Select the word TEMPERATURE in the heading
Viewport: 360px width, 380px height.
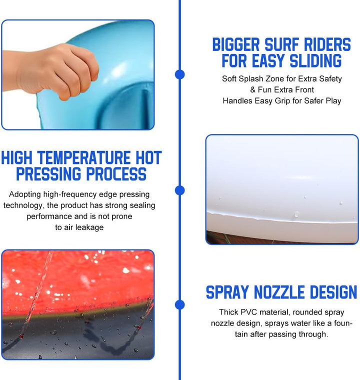pyautogui.click(x=84, y=158)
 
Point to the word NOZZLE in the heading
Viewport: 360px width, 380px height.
pyautogui.click(x=279, y=292)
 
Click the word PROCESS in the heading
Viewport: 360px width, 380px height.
pyautogui.click(x=116, y=174)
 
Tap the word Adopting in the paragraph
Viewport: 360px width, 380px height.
pyautogui.click(x=25, y=194)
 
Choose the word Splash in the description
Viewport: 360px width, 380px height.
pyautogui.click(x=251, y=79)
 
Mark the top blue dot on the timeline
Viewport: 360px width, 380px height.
pyautogui.click(x=179, y=74)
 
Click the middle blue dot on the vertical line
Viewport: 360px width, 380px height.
pyautogui.click(x=179, y=190)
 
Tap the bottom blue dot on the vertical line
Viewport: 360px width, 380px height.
pyautogui.click(x=179, y=304)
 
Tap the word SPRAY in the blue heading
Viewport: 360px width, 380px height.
pyautogui.click(x=227, y=292)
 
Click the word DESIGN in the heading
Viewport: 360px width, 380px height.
pyautogui.click(x=333, y=292)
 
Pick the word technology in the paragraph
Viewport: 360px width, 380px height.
pyautogui.click(x=23, y=205)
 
